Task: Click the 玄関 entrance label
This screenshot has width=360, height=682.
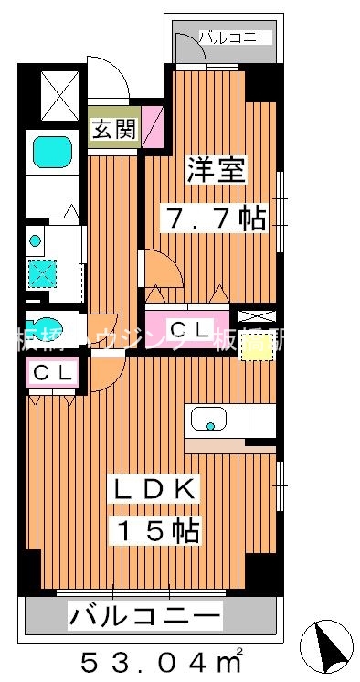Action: click(x=113, y=129)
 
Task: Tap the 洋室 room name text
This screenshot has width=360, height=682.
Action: click(x=215, y=171)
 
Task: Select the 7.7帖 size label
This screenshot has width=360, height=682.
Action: click(x=215, y=217)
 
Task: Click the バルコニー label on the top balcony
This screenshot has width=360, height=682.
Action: click(x=235, y=37)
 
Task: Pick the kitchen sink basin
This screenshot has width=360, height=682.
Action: click(x=213, y=421)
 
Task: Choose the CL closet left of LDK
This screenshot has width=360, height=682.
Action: click(x=48, y=374)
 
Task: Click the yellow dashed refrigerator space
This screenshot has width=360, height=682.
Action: click(x=258, y=344)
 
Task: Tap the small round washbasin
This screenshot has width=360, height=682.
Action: click(x=36, y=241)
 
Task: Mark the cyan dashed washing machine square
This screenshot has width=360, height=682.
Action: click(x=42, y=272)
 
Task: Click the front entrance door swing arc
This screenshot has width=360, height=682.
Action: click(x=102, y=75)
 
